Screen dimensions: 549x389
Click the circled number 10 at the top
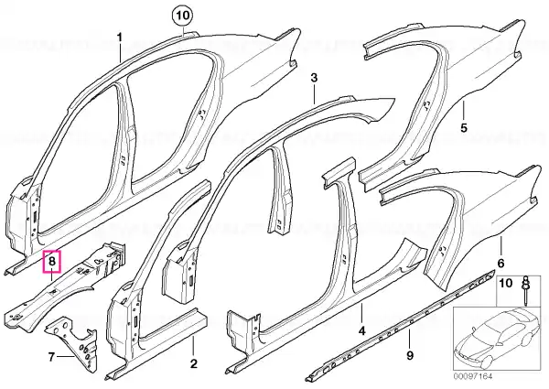(184, 16)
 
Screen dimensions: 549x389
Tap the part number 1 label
(120, 37)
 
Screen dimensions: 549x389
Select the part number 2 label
(194, 363)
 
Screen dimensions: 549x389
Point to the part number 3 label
(314, 78)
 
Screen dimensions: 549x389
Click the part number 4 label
(361, 330)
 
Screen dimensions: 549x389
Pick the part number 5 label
(464, 127)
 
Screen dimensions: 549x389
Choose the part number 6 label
(501, 263)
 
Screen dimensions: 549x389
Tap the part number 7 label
(51, 357)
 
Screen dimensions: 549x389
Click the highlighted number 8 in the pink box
(52, 261)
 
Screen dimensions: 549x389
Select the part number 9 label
(410, 356)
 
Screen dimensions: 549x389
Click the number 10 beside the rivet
(506, 283)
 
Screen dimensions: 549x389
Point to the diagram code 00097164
(473, 376)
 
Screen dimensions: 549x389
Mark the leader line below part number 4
(362, 315)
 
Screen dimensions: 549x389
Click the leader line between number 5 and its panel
(463, 111)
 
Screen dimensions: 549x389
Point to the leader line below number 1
(120, 53)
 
